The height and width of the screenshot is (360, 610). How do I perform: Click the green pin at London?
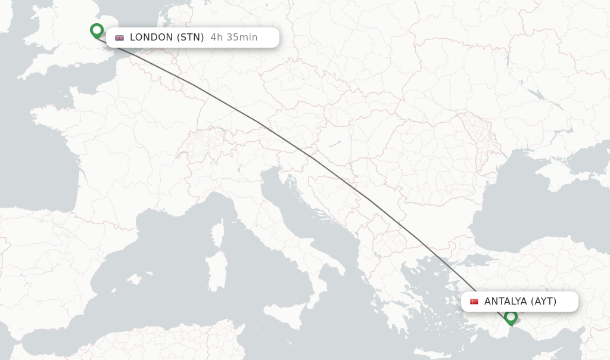[97, 30]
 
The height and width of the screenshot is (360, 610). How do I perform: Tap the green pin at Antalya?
[511, 316]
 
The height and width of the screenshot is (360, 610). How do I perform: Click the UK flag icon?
[120, 38]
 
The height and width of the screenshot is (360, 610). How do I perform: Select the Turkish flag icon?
[474, 302]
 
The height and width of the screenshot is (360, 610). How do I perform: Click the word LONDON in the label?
[151, 38]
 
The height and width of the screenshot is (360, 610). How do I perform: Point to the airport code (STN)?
[191, 38]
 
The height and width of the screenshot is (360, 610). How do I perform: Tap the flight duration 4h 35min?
[234, 38]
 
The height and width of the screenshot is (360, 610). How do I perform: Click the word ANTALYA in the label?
[505, 302]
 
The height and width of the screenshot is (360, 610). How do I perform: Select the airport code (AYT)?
[543, 302]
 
